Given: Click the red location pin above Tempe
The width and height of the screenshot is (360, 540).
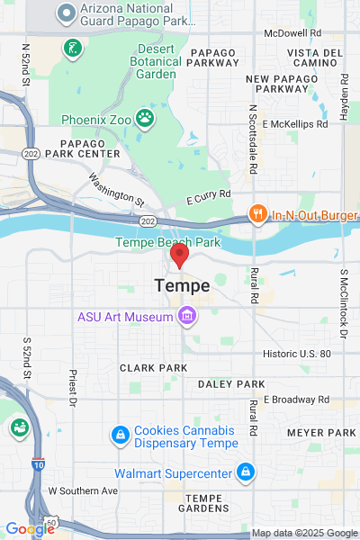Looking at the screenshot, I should [179, 256].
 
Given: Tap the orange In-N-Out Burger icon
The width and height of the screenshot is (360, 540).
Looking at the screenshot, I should [257, 214].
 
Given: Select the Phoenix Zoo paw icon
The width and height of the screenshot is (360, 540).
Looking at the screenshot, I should [144, 118].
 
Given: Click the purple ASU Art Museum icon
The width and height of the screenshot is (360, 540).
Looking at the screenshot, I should [187, 316].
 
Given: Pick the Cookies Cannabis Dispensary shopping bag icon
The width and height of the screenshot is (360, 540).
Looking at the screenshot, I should [119, 436].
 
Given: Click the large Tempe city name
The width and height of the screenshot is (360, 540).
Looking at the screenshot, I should [183, 285].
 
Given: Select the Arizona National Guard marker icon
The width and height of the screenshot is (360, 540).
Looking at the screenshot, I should [66, 12].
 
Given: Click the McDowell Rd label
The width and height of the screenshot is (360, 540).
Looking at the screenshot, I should [292, 32].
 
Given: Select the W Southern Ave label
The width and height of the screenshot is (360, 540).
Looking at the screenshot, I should [83, 490].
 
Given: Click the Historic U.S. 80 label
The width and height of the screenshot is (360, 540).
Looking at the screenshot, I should [297, 354].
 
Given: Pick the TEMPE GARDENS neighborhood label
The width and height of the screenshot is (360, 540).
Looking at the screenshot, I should [210, 504].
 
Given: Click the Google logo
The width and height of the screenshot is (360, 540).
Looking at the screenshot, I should [30, 529].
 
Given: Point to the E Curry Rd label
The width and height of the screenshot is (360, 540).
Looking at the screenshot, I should [209, 193].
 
